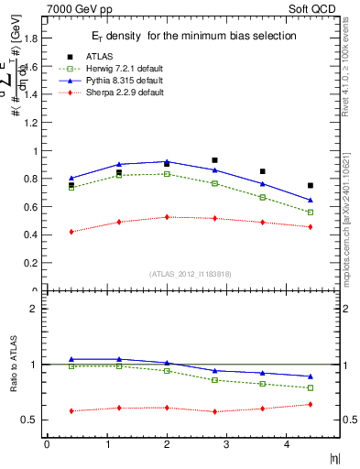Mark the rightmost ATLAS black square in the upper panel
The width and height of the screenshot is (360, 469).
coord(311,186)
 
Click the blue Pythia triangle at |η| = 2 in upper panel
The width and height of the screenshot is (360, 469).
coord(167,162)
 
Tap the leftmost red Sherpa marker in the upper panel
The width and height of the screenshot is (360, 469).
coord(71,232)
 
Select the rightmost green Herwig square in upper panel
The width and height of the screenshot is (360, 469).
coord(311,213)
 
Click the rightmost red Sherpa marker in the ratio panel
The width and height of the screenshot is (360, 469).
coord(311,404)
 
